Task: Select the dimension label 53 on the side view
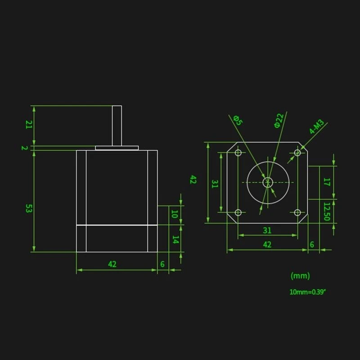[28, 208]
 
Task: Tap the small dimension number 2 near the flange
[25, 148]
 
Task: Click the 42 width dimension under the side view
[112, 264]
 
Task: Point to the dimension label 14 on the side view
[175, 240]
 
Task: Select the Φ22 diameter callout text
[279, 121]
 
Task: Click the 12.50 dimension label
[327, 211]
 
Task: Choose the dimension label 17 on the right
[327, 182]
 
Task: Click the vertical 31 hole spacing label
[215, 184]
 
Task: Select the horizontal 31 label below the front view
[267, 230]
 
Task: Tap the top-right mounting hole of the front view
[297, 153]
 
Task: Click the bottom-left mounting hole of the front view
[238, 212]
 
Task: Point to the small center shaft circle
[268, 182]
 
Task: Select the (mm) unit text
[300, 275]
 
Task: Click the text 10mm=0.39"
[307, 292]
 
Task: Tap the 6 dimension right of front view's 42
[312, 244]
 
